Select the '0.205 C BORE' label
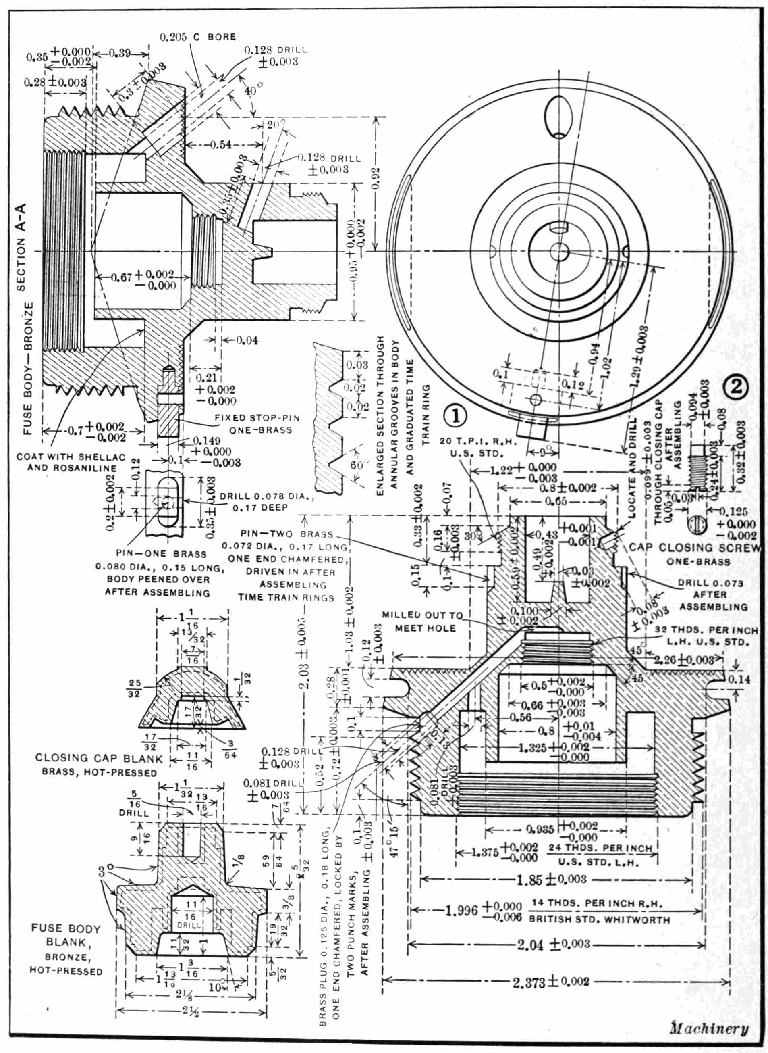[197, 37]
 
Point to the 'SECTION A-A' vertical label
[21, 247]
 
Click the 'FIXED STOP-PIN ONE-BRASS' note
[257, 423]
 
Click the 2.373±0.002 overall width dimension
[551, 981]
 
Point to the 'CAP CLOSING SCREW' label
[695, 548]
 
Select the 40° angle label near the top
[250, 91]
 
